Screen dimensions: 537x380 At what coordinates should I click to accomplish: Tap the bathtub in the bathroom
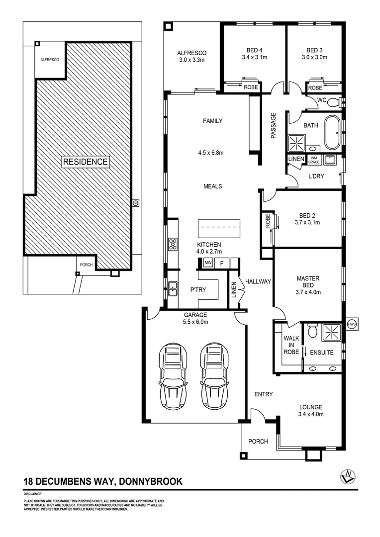tap(332, 133)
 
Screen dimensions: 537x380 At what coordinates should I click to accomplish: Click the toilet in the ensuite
tap(313, 331)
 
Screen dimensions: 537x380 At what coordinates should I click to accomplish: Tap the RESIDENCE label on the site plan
tap(85, 162)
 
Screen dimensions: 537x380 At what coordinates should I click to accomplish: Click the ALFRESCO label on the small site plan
tap(50, 60)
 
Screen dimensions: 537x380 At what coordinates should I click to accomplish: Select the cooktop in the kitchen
tap(173, 244)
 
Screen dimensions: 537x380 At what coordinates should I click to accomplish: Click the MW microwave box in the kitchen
tap(208, 263)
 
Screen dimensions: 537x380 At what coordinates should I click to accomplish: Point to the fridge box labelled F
tap(222, 263)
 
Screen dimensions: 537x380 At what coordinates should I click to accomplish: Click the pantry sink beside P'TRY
tap(172, 287)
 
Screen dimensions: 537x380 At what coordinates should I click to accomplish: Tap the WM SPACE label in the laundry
tap(313, 160)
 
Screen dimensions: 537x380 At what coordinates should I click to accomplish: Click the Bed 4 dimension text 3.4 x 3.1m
tap(255, 58)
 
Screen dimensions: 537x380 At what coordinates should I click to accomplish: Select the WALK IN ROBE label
tap(291, 345)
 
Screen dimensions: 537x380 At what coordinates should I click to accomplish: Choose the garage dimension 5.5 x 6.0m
tap(195, 322)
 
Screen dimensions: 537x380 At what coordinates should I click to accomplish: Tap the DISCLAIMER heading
tap(33, 494)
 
